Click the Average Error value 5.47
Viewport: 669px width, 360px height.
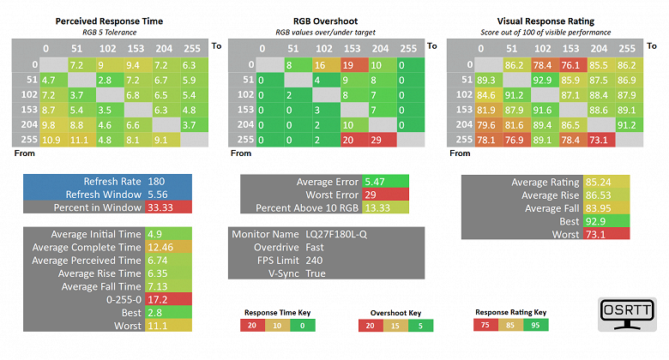pos(375,182)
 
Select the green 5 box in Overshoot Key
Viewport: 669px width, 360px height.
pos(417,325)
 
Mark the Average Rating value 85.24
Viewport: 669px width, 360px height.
pos(597,182)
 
